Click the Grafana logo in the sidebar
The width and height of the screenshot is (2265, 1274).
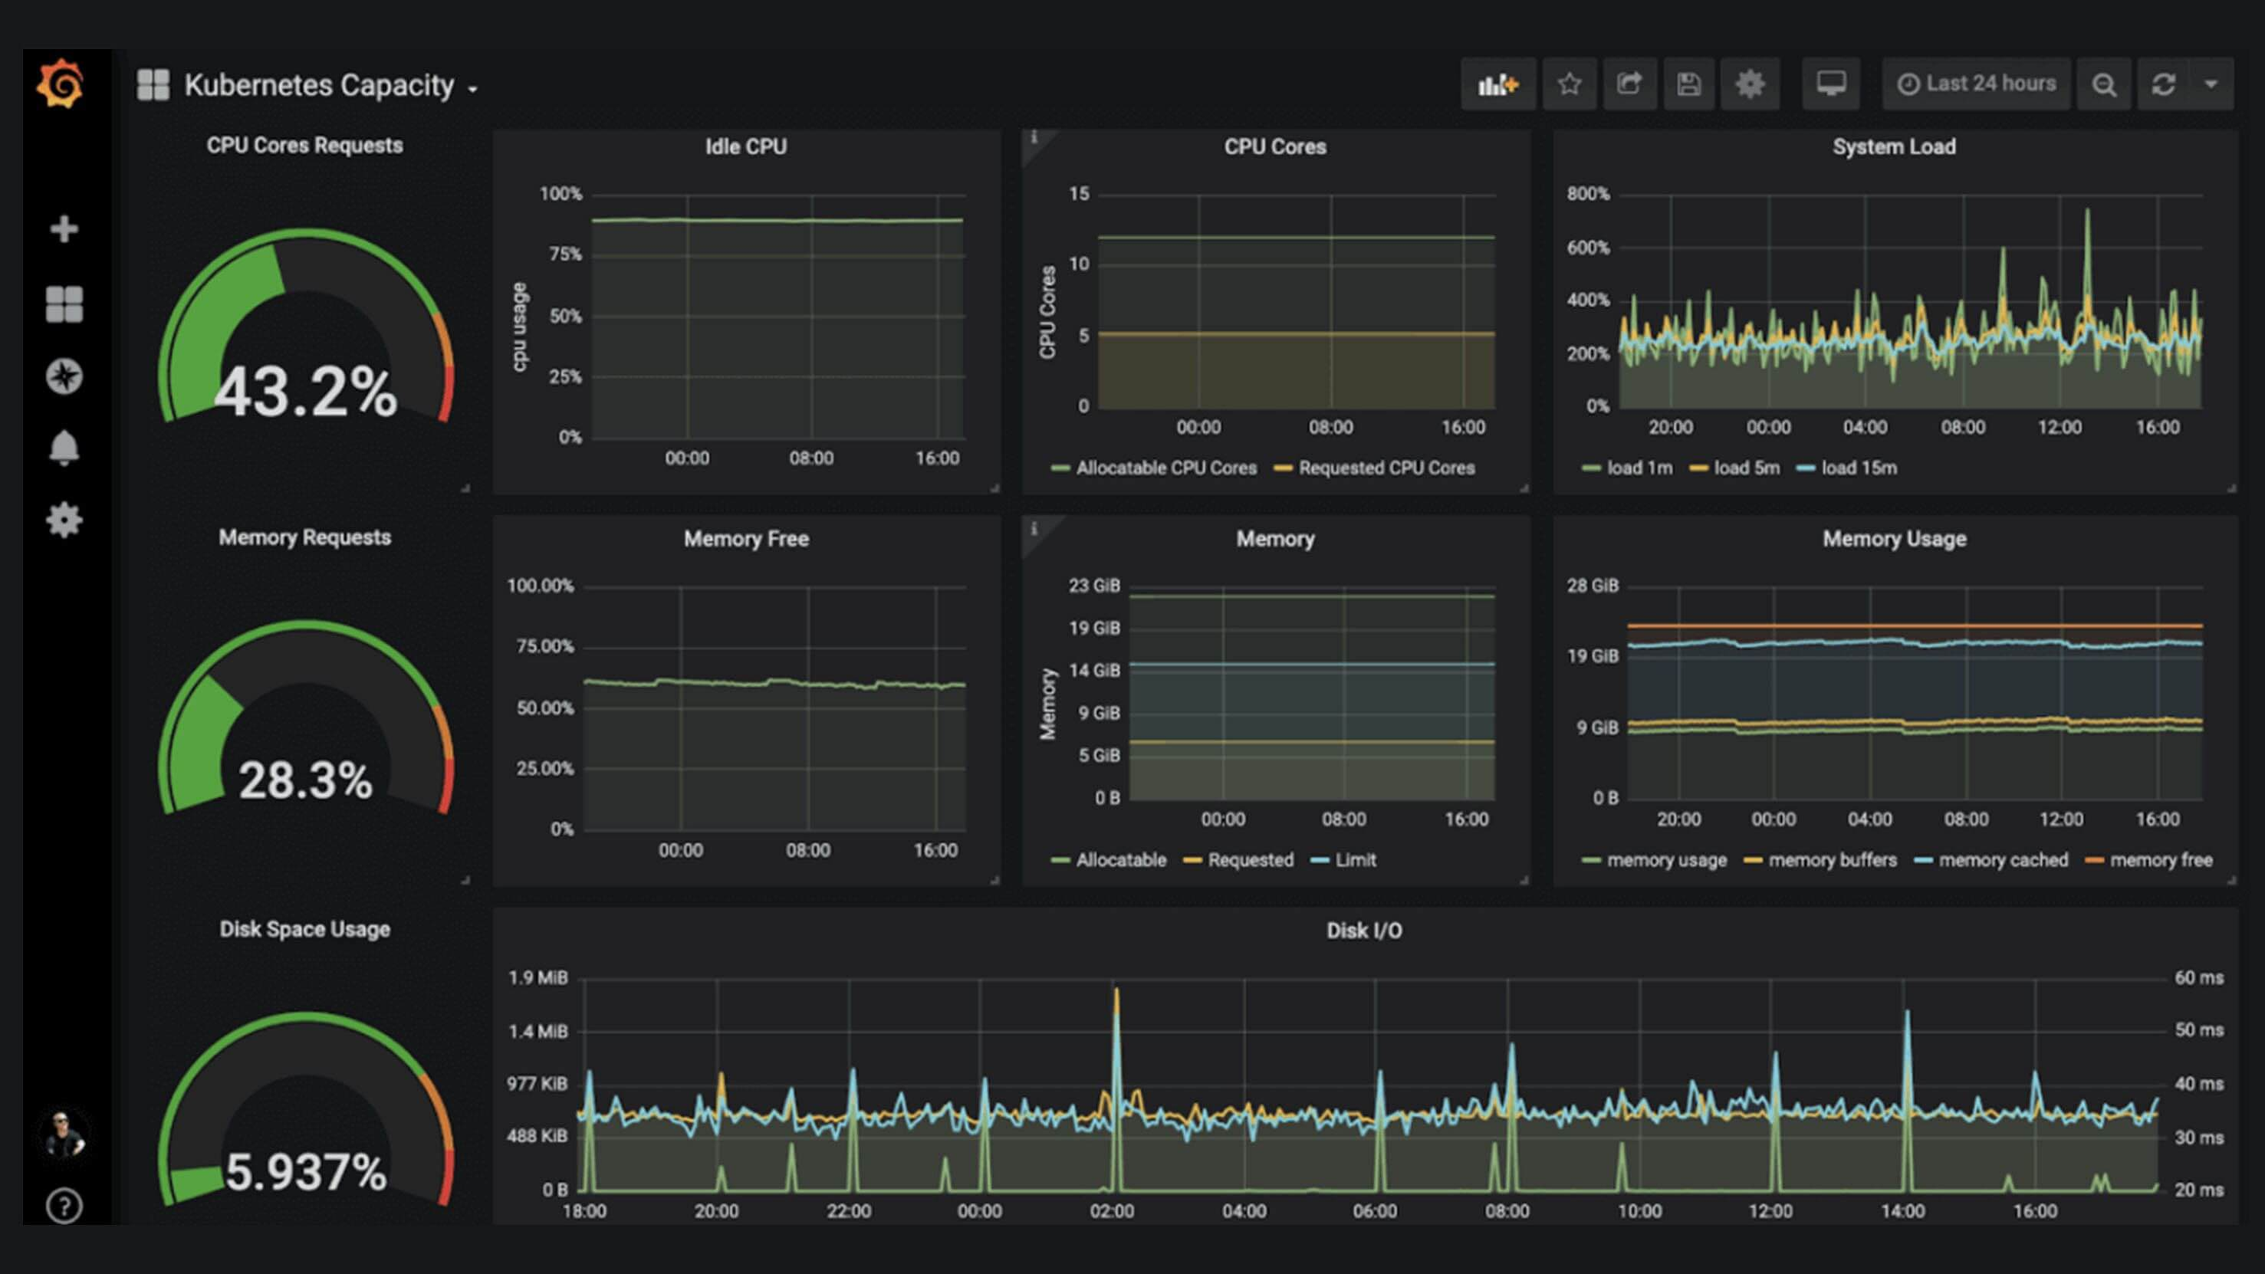pyautogui.click(x=60, y=84)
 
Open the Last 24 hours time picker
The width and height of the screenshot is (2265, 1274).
pyautogui.click(x=1977, y=84)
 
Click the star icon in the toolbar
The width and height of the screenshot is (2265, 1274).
pyautogui.click(x=1570, y=84)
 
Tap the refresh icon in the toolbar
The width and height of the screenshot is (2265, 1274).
pyautogui.click(x=2163, y=84)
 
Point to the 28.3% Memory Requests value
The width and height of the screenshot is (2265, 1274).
pyautogui.click(x=305, y=780)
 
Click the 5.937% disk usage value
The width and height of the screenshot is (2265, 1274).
pyautogui.click(x=305, y=1172)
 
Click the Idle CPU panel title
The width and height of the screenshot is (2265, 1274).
pyautogui.click(x=745, y=147)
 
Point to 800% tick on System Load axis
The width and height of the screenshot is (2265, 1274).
pyautogui.click(x=1587, y=193)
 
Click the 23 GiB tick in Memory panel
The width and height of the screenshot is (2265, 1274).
pyautogui.click(x=1094, y=586)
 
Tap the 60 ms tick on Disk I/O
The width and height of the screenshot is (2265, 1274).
pyautogui.click(x=2198, y=977)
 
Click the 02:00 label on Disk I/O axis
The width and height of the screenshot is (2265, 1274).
pyautogui.click(x=1111, y=1210)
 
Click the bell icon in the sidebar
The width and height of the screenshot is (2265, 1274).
pyautogui.click(x=64, y=448)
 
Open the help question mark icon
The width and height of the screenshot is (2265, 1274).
pyautogui.click(x=64, y=1206)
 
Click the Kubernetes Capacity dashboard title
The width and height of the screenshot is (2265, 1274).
pyautogui.click(x=318, y=85)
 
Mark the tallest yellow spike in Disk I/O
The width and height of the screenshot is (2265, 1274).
pyautogui.click(x=1116, y=993)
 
